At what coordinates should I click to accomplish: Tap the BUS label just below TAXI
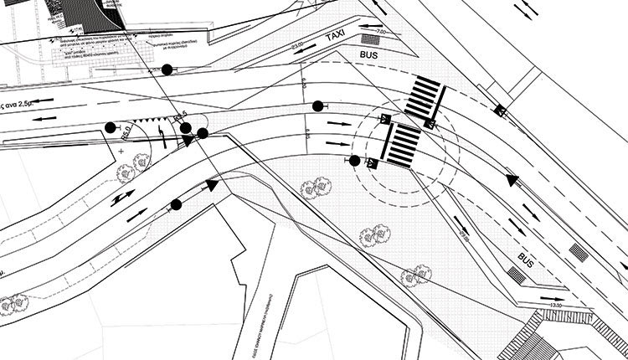click(x=369, y=55)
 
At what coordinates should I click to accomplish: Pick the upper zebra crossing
click(x=425, y=95)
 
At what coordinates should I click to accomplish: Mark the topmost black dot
click(x=167, y=69)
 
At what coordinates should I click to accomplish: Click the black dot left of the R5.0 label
click(x=111, y=128)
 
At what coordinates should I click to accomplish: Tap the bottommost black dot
click(x=176, y=204)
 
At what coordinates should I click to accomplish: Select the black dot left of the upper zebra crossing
click(x=317, y=105)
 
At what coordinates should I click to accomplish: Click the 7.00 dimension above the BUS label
click(x=381, y=31)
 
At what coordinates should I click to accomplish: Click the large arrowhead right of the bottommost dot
click(x=213, y=184)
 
